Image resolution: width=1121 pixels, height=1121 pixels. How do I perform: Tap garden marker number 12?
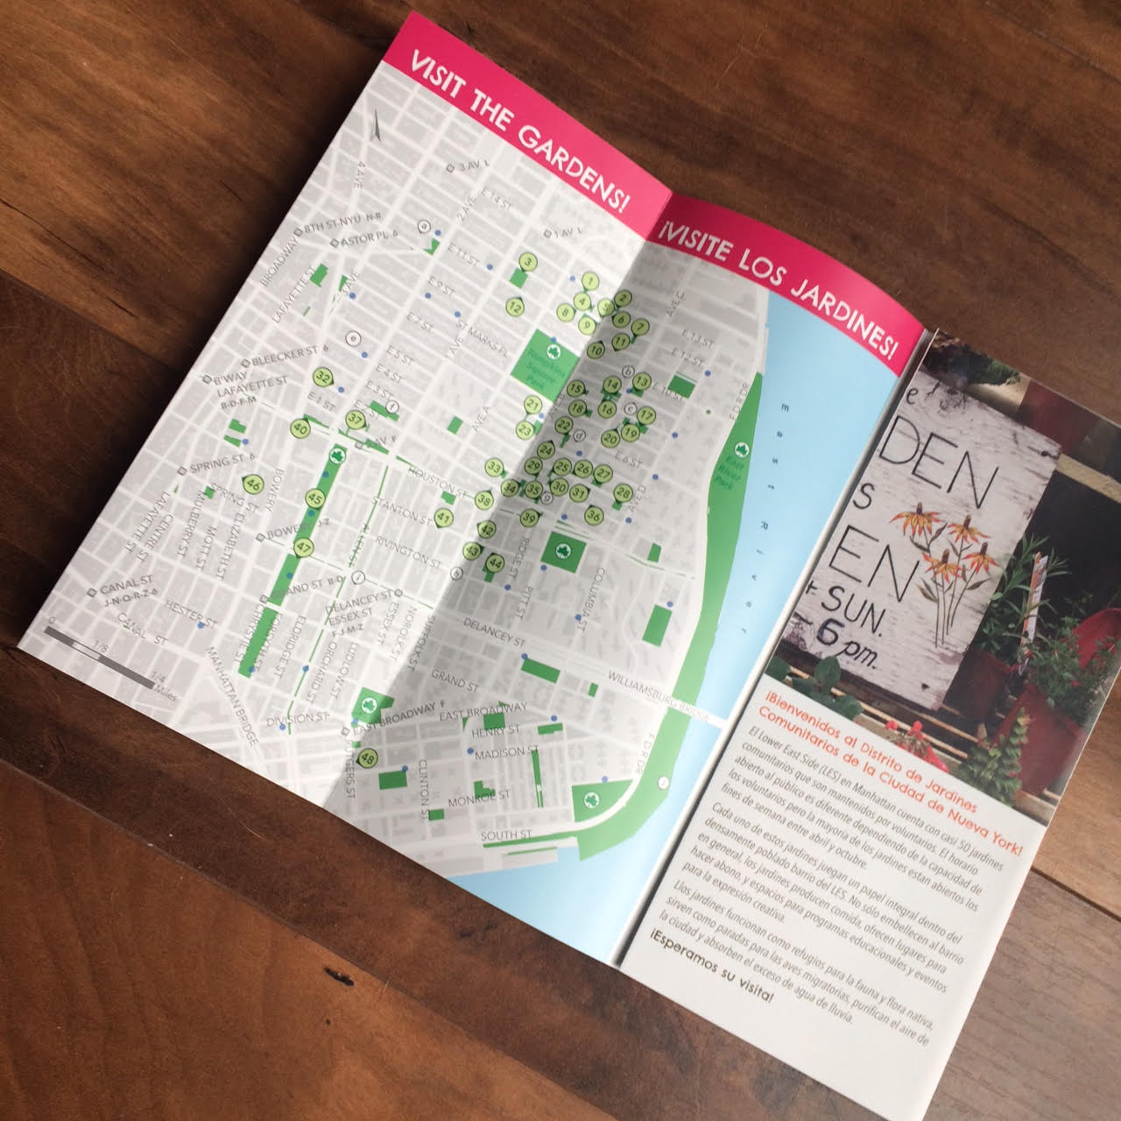pyautogui.click(x=515, y=307)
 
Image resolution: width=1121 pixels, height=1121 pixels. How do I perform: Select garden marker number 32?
pyautogui.click(x=324, y=376)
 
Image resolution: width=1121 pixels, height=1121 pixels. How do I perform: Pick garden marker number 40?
pyautogui.click(x=300, y=428)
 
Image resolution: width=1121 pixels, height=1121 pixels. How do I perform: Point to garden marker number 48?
pyautogui.click(x=368, y=758)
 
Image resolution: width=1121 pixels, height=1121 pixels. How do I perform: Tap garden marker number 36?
pyautogui.click(x=593, y=514)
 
